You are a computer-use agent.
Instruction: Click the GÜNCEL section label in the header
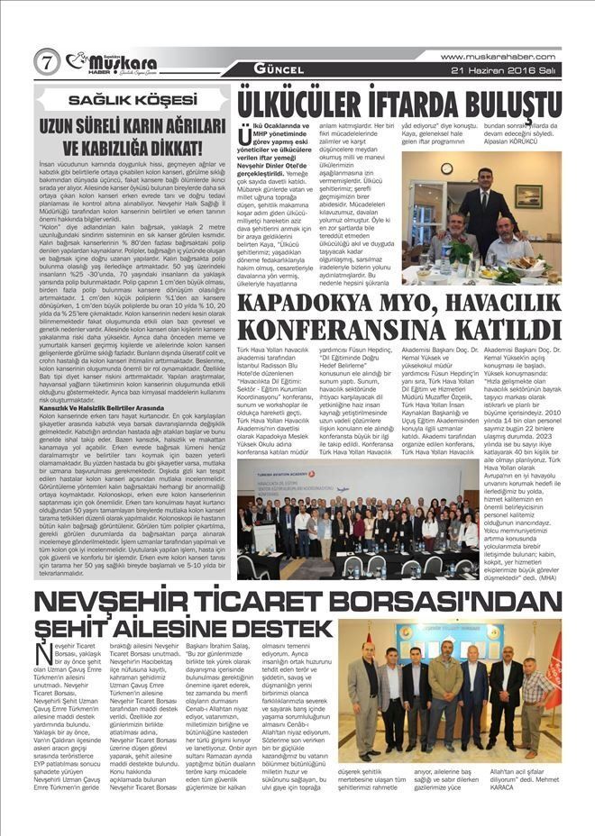pyautogui.click(x=271, y=69)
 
